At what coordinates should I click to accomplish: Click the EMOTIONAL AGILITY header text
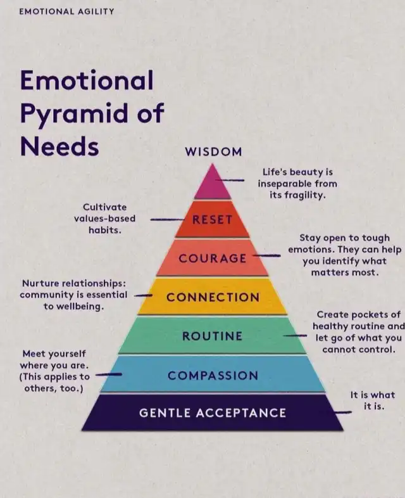[66, 11]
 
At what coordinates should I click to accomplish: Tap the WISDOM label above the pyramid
[213, 152]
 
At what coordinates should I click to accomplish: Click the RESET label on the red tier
[213, 219]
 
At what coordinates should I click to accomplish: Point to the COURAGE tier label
[213, 259]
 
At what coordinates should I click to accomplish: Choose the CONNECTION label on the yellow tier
[213, 297]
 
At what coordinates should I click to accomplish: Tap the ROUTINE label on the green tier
[212, 336]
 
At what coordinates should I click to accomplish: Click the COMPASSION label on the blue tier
[213, 376]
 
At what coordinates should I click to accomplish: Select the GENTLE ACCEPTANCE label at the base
[213, 413]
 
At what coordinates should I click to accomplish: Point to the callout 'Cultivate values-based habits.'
[105, 219]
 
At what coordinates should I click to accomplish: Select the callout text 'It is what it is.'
[373, 400]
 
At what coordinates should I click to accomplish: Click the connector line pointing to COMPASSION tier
[108, 374]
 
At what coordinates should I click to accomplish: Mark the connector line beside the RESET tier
[167, 219]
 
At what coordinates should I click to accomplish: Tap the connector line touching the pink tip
[230, 180]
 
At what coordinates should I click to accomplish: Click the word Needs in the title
[59, 146]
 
